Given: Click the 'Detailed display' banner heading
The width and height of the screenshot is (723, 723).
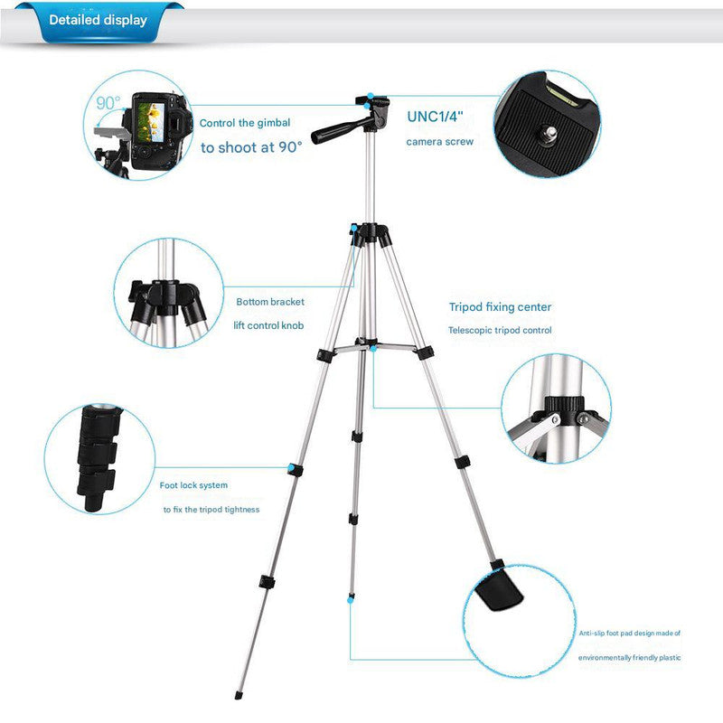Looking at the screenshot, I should click(98, 20).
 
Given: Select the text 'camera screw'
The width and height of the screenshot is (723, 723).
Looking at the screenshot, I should click(439, 143).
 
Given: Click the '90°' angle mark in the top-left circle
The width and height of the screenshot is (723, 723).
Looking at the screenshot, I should click(108, 104).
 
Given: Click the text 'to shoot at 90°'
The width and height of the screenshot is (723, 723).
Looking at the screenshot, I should click(251, 146).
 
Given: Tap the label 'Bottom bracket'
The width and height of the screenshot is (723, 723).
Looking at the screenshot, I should click(270, 302).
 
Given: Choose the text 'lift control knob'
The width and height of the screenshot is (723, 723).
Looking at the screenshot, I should click(269, 324).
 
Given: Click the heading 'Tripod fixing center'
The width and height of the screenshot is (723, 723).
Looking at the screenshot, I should click(500, 307).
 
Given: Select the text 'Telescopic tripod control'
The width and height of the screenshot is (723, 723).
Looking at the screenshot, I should click(500, 331).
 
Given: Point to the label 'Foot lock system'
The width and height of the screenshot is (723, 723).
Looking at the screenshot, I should click(193, 485).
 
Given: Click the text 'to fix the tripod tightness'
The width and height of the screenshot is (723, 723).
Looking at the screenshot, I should click(211, 510).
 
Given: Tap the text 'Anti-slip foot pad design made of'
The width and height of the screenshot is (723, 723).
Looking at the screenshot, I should click(630, 634).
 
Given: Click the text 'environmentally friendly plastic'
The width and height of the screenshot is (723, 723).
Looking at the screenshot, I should click(630, 657).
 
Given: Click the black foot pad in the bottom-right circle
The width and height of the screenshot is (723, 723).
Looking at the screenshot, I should click(500, 593).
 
